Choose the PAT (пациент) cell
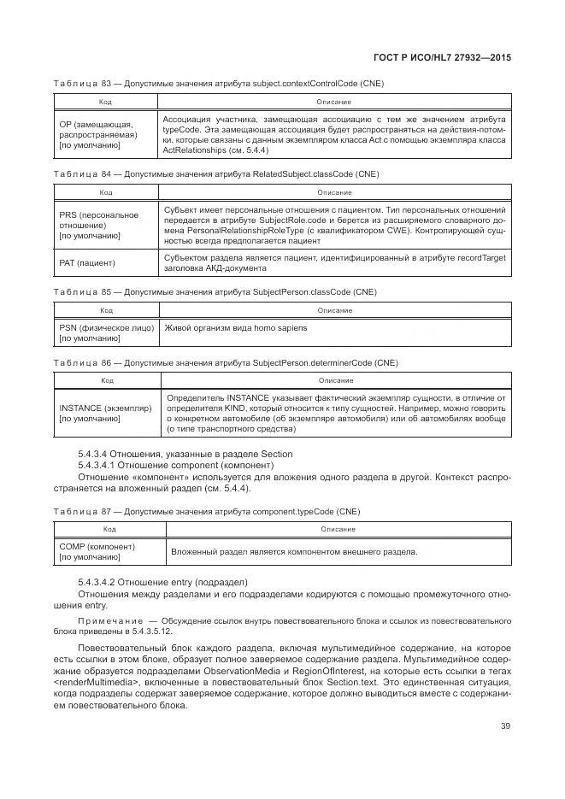pyautogui.click(x=86, y=263)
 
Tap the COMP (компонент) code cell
pyautogui.click(x=97, y=551)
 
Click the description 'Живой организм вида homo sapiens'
pyautogui.click(x=235, y=328)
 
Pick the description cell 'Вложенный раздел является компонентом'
pyautogui.click(x=294, y=552)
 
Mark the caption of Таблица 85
pyautogui.click(x=215, y=292)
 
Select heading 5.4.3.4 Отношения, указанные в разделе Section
pyautogui.click(x=185, y=454)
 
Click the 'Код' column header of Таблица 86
pyautogui.click(x=107, y=380)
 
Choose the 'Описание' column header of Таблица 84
pyautogui.click(x=333, y=192)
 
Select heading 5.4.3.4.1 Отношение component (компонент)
pyautogui.click(x=175, y=465)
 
